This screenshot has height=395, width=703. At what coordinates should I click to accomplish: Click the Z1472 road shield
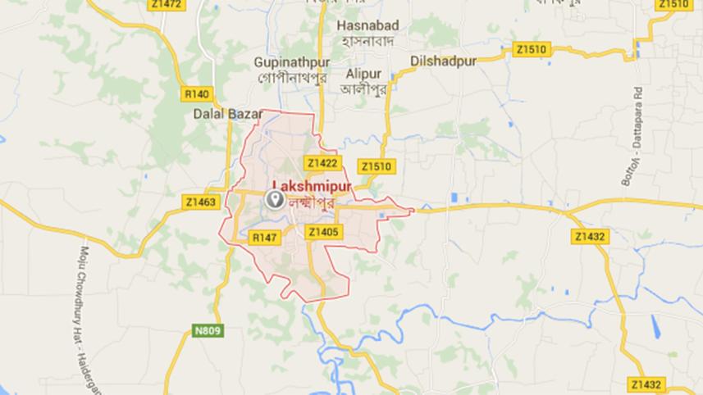click(167, 5)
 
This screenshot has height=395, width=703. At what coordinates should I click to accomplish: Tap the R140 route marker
click(197, 93)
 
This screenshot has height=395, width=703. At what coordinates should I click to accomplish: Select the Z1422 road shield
click(321, 163)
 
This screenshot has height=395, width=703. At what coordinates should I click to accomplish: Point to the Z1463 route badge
click(201, 201)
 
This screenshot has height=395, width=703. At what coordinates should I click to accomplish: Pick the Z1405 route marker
click(323, 233)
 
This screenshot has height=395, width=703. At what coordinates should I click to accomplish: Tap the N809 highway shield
click(212, 330)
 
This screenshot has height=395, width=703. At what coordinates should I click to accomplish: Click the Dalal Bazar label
click(220, 115)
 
